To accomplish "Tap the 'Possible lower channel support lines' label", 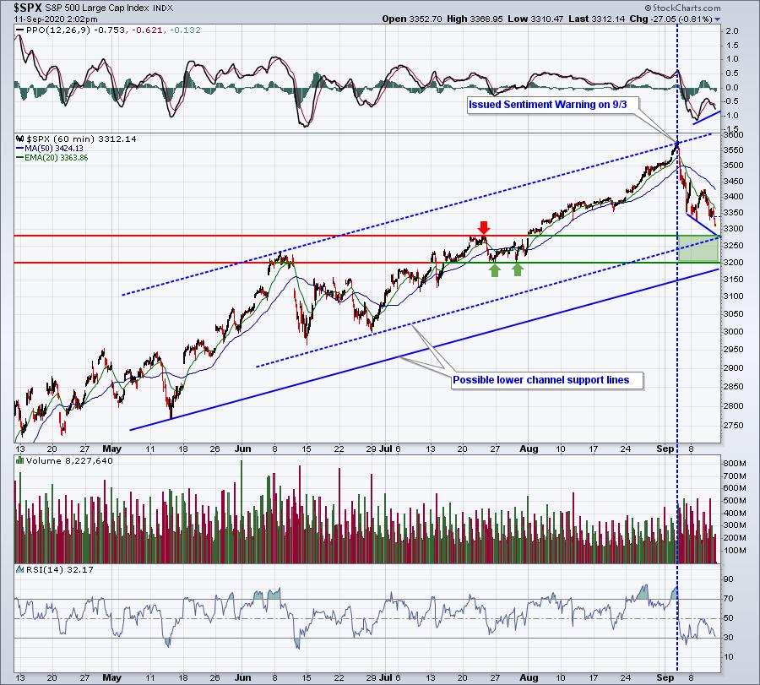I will pyautogui.click(x=540, y=380).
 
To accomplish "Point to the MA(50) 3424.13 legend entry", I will pyautogui.click(x=53, y=148).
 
